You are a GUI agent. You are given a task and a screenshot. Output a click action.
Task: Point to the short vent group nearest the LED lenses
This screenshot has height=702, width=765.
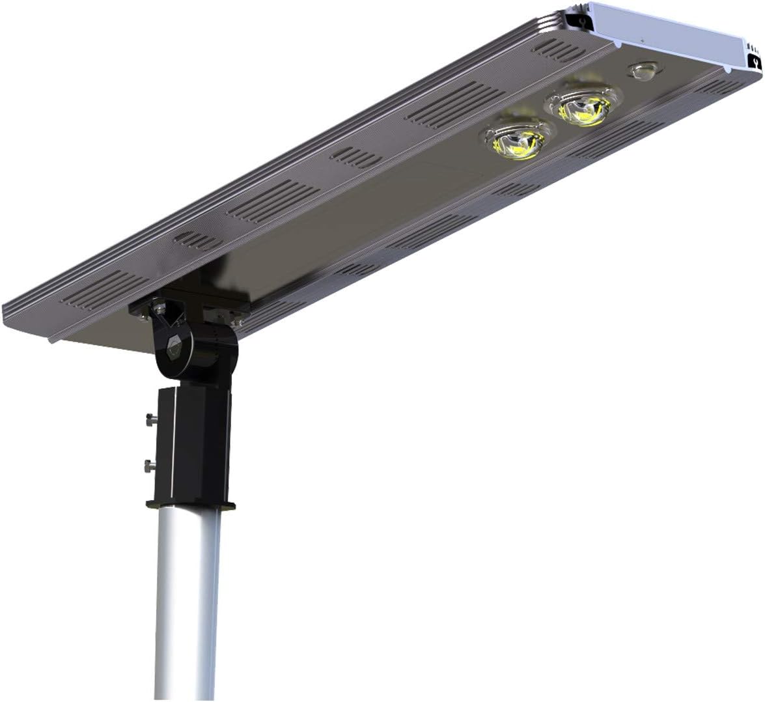click(x=355, y=156)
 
